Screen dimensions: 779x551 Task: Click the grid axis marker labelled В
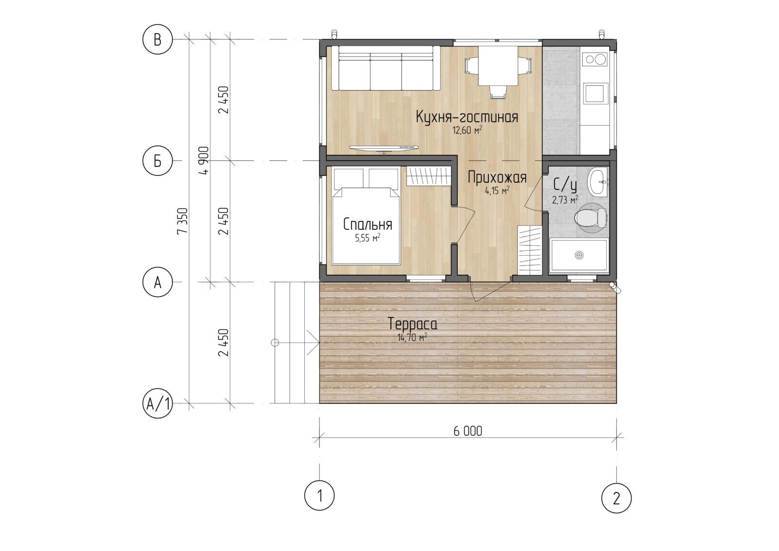[158, 39]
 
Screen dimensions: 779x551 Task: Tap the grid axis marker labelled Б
[158, 161]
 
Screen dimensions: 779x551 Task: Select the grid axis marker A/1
[158, 403]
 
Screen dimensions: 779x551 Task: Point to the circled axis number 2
[616, 498]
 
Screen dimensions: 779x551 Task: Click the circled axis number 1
[319, 495]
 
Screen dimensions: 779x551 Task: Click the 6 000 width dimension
[468, 432]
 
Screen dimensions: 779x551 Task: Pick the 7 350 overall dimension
[183, 221]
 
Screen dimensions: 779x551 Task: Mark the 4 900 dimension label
[204, 160]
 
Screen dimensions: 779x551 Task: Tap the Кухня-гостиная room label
[467, 117]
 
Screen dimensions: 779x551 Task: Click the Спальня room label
[368, 225]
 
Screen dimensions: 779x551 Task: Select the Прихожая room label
[497, 177]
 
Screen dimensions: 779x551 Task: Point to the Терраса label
[412, 324]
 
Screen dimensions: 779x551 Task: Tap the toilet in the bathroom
[591, 218]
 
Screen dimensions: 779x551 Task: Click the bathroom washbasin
[597, 181]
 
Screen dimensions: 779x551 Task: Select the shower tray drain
[579, 255]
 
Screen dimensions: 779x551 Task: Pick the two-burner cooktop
[594, 59]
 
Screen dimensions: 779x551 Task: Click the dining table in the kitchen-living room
[498, 66]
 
